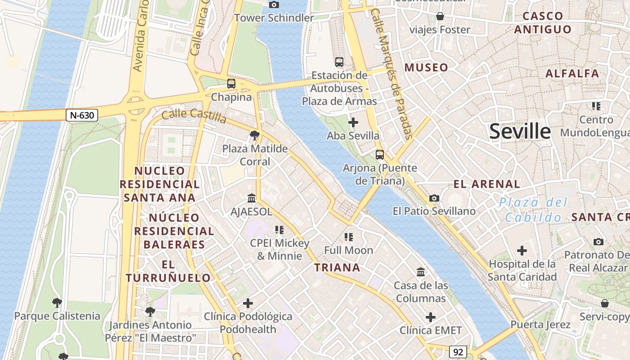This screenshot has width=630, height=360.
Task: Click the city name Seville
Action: (x=520, y=131)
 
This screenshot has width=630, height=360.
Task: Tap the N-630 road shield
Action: (x=82, y=115)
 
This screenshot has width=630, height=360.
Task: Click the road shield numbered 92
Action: (x=458, y=352)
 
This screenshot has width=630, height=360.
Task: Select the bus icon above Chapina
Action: (x=231, y=84)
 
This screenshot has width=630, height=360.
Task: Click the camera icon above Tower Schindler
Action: (x=274, y=5)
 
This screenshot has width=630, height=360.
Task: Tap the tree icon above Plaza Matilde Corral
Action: (x=255, y=135)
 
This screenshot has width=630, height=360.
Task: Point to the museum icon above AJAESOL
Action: (x=252, y=198)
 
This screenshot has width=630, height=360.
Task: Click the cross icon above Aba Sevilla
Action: (x=353, y=122)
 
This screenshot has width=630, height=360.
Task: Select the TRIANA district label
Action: (x=337, y=268)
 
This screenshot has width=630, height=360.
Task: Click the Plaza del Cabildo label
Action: (x=533, y=210)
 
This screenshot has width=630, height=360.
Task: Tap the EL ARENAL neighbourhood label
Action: (x=486, y=184)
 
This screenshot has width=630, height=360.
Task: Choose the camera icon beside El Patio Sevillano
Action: (x=434, y=198)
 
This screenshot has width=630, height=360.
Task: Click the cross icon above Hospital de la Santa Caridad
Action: (x=522, y=250)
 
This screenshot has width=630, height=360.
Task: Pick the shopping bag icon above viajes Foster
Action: (x=440, y=17)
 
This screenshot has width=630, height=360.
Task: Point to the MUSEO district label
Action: (x=426, y=68)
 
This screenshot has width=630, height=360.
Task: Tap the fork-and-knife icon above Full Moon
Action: (x=348, y=237)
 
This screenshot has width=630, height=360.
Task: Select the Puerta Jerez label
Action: (x=540, y=324)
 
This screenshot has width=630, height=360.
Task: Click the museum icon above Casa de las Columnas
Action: (x=421, y=272)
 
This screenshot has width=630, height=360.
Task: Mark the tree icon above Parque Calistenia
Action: (x=57, y=302)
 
